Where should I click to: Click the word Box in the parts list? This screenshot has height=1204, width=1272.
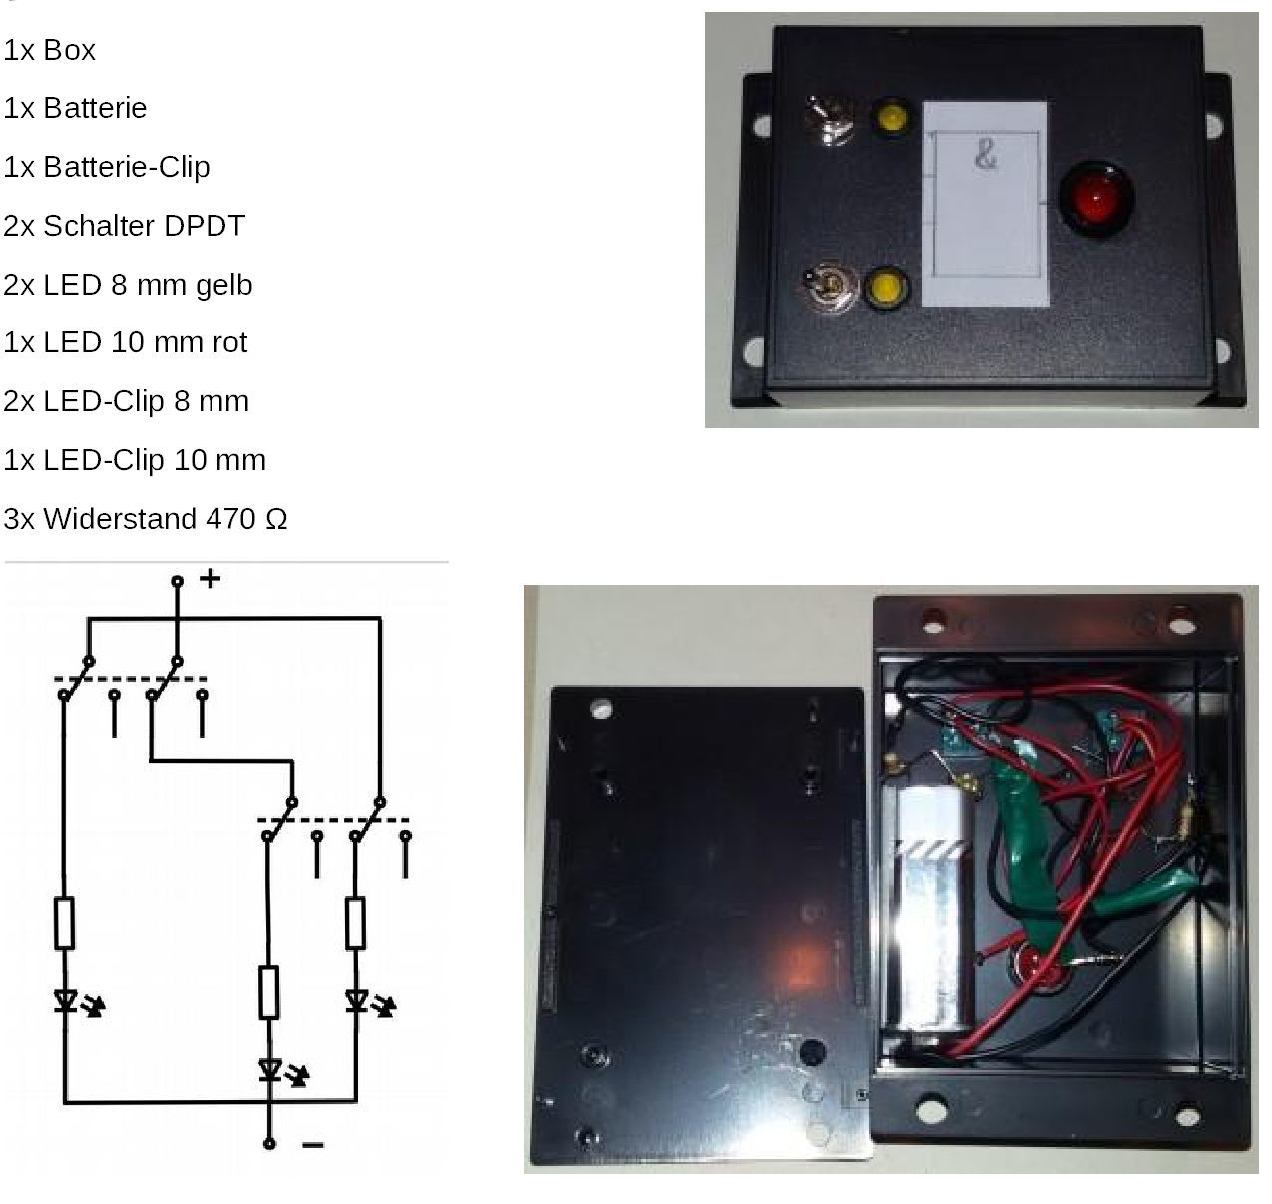click(69, 50)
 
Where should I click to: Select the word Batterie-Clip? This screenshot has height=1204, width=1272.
click(126, 167)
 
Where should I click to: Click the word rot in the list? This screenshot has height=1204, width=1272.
click(228, 343)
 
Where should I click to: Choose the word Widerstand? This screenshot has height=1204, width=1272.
click(120, 519)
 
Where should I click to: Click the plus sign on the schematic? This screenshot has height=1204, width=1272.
click(210, 578)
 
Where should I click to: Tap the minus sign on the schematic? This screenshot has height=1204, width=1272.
click(312, 1144)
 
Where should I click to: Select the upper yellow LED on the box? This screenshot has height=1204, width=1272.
click(890, 118)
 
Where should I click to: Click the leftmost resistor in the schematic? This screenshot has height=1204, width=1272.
click(64, 923)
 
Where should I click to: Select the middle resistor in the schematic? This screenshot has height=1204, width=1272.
click(268, 992)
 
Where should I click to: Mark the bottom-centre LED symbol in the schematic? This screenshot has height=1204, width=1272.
click(268, 1071)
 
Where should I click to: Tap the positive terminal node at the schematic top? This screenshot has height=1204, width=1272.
click(177, 580)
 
